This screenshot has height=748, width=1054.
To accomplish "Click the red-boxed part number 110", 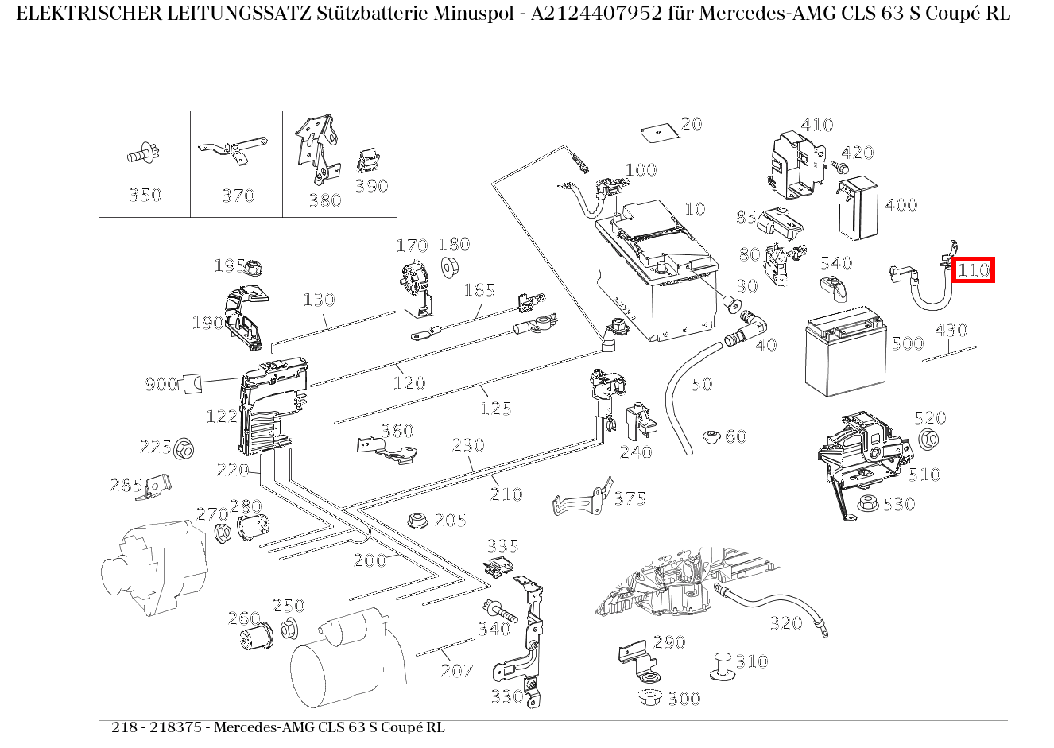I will pyautogui.click(x=973, y=270).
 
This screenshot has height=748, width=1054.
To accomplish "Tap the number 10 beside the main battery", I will pyautogui.click(x=695, y=208).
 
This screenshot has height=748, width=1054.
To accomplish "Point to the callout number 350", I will pyautogui.click(x=145, y=195).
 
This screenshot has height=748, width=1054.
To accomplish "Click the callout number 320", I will pyautogui.click(x=785, y=623).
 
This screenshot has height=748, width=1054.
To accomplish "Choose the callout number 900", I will pyautogui.click(x=161, y=385).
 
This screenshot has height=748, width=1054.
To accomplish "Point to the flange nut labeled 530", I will pyautogui.click(x=868, y=503).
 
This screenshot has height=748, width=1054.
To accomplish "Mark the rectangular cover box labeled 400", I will pyautogui.click(x=858, y=208).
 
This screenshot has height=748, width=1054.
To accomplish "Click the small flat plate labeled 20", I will pyautogui.click(x=657, y=130).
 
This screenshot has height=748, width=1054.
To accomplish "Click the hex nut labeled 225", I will pyautogui.click(x=185, y=448).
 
